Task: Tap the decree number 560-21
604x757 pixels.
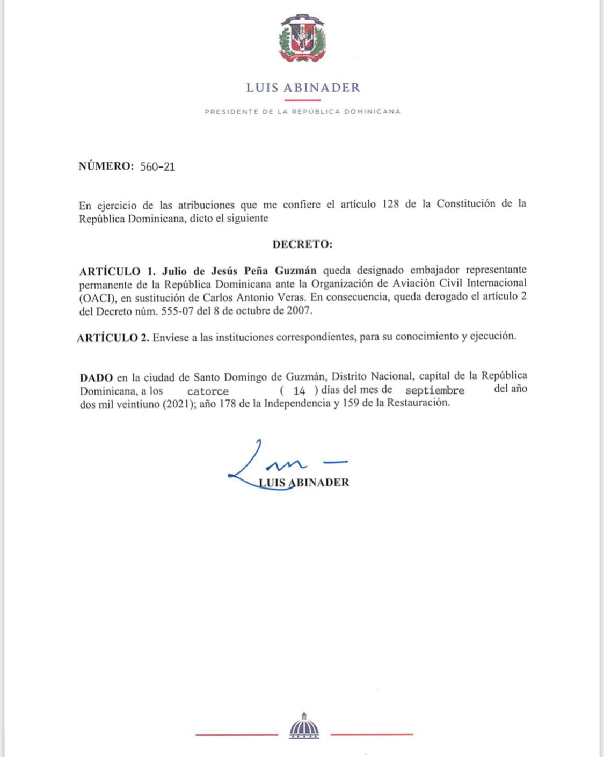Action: tap(157, 166)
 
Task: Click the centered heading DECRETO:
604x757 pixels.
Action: tap(302, 244)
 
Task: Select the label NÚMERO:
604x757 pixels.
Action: tap(106, 166)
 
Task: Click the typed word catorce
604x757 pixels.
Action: tap(208, 391)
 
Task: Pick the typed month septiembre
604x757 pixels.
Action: tap(434, 390)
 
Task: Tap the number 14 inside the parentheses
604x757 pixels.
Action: tap(299, 391)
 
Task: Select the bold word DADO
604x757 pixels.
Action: tap(96, 377)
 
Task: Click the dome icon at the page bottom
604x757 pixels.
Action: tap(304, 726)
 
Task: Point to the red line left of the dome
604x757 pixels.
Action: tap(237, 734)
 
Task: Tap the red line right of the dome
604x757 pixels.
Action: tap(372, 733)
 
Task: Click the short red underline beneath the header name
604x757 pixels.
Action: tap(302, 100)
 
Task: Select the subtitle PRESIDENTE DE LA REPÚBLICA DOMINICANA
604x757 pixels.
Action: tap(302, 112)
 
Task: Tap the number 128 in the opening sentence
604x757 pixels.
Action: tap(390, 204)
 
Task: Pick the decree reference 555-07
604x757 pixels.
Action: tap(177, 311)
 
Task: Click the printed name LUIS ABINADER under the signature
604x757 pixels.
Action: tap(304, 482)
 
